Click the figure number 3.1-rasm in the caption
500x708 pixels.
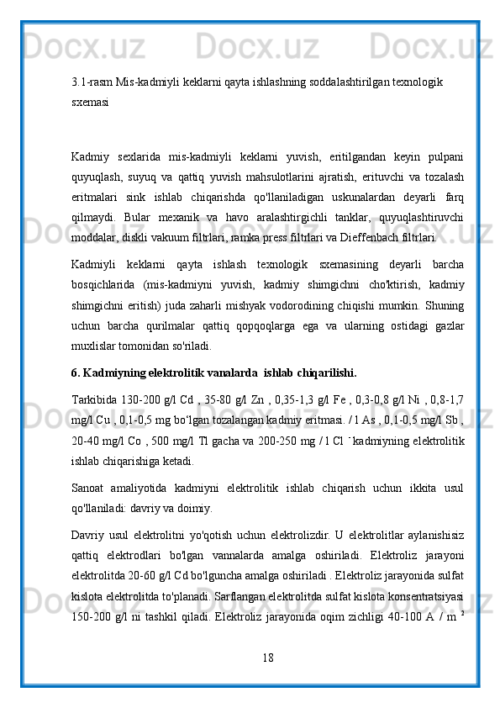[92, 82]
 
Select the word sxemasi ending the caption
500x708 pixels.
[89, 99]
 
